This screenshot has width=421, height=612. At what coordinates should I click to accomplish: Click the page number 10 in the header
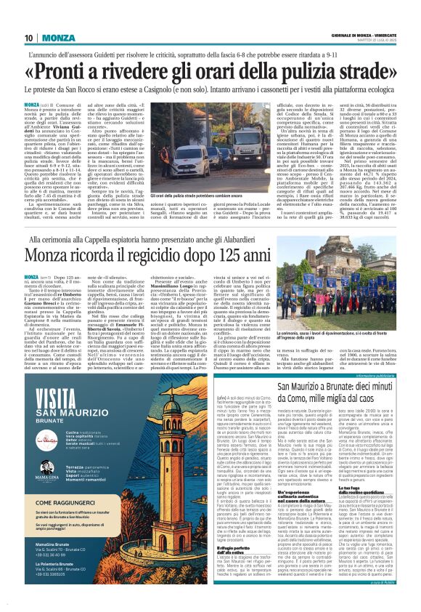[x=29, y=38]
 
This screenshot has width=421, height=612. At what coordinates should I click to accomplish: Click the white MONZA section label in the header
[x=57, y=38]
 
